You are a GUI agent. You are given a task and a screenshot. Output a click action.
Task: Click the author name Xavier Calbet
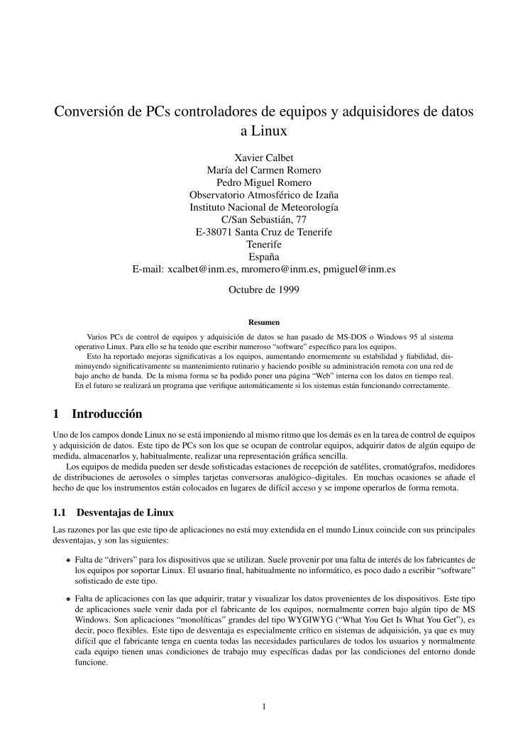tap(263, 157)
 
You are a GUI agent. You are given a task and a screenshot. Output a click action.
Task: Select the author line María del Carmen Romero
tap(263, 170)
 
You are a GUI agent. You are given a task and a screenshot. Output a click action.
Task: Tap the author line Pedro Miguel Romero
tap(263, 182)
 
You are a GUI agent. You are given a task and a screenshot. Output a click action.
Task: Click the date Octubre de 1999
tap(263, 289)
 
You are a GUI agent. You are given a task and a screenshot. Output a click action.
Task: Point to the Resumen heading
tap(263, 321)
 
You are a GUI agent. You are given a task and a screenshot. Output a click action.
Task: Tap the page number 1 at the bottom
tap(264, 706)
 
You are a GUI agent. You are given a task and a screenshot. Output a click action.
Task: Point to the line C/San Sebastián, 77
tap(263, 220)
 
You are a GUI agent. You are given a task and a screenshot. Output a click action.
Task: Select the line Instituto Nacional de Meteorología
tap(263, 207)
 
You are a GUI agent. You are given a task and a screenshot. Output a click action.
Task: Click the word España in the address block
tap(263, 257)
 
